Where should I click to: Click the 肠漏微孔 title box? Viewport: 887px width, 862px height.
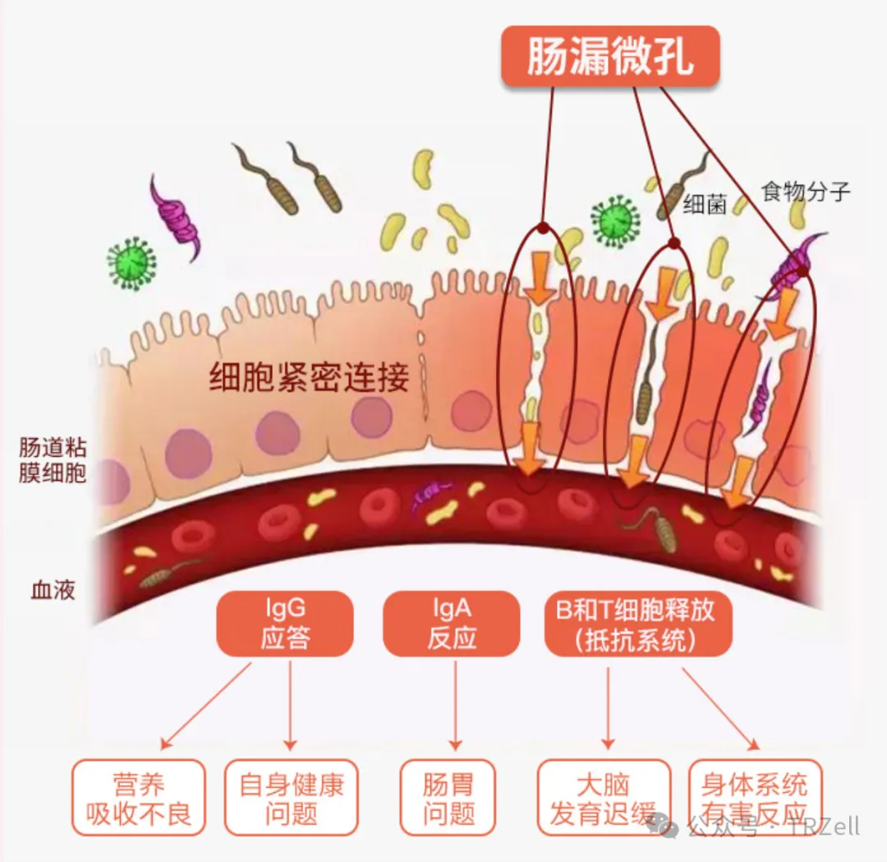click(x=610, y=57)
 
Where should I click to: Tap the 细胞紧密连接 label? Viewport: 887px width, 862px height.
click(x=309, y=380)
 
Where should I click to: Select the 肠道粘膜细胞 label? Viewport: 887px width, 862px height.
click(x=53, y=461)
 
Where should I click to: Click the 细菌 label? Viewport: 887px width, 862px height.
click(x=705, y=205)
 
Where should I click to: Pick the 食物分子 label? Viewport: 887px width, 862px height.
click(x=805, y=192)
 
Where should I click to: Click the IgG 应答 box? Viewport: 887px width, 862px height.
click(x=284, y=623)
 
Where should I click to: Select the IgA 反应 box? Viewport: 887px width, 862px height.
click(x=451, y=623)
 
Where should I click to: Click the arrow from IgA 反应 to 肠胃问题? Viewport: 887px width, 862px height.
click(x=454, y=707)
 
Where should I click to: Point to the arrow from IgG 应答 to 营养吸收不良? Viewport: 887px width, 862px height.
click(x=205, y=707)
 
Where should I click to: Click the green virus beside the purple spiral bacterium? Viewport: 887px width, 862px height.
click(x=131, y=262)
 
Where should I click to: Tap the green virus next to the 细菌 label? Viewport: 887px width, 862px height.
click(x=615, y=220)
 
